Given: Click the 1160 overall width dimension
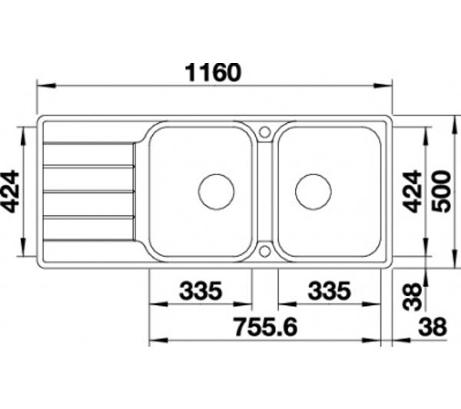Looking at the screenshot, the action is pos(213,72).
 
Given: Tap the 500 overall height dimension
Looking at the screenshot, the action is pos(442,191).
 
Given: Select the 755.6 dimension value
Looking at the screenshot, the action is pos(266,327).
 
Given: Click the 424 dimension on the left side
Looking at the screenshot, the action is pos(10,191).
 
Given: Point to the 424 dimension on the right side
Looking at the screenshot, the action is pos(412,191).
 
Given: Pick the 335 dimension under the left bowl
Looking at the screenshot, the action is pos(201,291).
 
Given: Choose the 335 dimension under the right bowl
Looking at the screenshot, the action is pos(330,291).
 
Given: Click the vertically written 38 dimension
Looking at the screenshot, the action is pos(412,296).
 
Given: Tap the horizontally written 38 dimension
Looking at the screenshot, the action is pos(433,327).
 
